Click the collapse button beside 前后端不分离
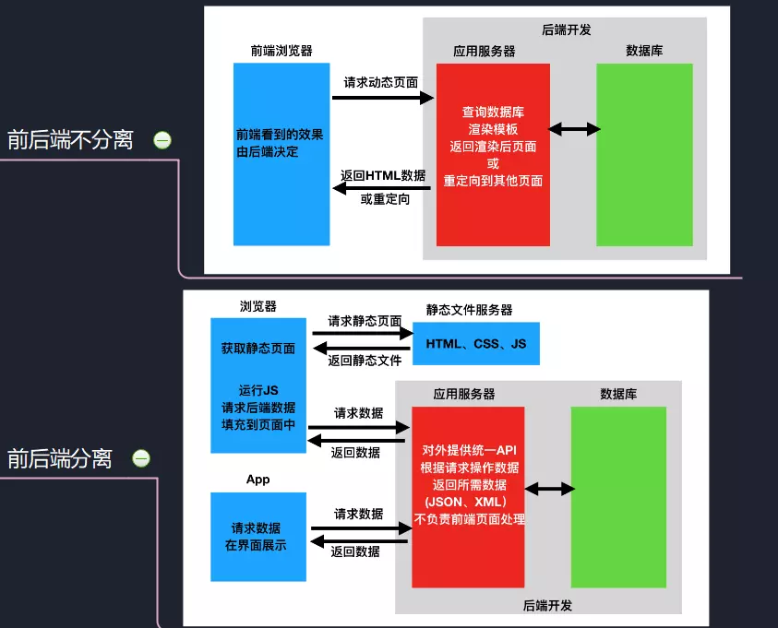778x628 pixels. [162, 140]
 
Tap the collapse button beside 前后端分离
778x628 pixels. [141, 458]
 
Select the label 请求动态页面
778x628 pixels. [381, 82]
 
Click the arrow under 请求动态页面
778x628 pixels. [383, 98]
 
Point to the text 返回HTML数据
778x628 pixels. [383, 175]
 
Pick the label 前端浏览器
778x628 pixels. [281, 51]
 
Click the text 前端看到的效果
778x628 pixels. [280, 135]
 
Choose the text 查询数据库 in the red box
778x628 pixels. [493, 112]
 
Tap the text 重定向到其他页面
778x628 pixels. [493, 181]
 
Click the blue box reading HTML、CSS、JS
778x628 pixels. [476, 343]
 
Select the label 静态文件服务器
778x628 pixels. [469, 310]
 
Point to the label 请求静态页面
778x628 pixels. [365, 321]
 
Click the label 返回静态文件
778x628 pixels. [365, 361]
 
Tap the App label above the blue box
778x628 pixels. [258, 480]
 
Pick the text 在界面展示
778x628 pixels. [256, 545]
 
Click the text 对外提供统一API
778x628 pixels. [469, 450]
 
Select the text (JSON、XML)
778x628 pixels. [466, 502]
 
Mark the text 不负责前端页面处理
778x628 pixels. [470, 519]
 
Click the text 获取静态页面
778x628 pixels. [258, 349]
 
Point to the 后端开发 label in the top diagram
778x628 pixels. [566, 30]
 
